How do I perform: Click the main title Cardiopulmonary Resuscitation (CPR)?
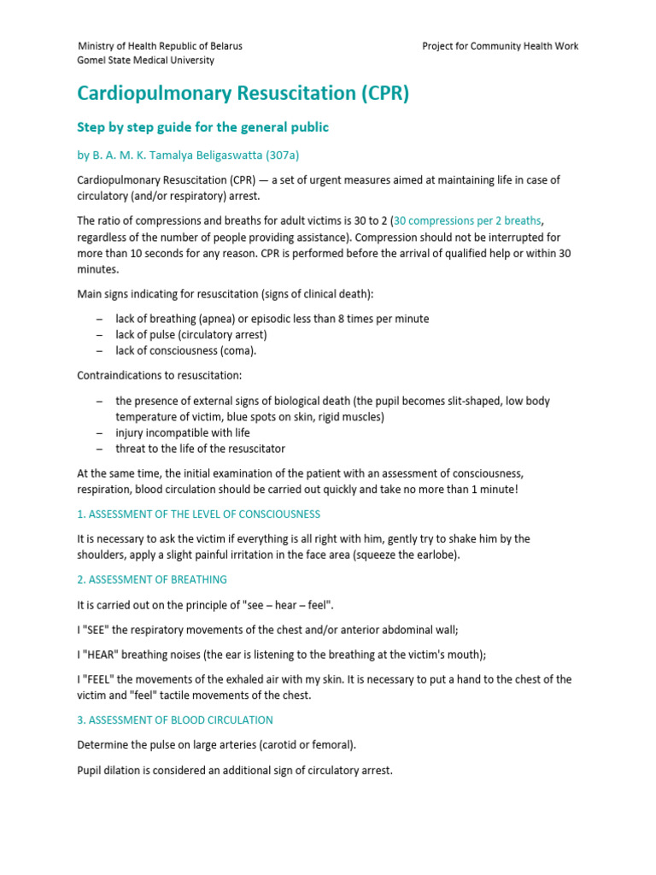[243, 93]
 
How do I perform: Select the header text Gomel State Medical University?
[146, 61]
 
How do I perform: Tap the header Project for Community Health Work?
[500, 46]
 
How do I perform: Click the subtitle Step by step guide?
[203, 127]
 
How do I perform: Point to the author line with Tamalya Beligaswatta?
[189, 155]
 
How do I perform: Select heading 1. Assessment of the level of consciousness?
[199, 514]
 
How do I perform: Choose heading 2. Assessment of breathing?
[152, 579]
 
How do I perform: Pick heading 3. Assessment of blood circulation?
[175, 719]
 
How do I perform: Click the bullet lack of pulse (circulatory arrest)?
[191, 334]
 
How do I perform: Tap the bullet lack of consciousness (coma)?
[185, 350]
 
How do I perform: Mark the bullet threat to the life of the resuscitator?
[200, 449]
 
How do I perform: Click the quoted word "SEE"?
[100, 630]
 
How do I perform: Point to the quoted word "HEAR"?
[104, 655]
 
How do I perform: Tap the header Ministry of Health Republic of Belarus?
[160, 46]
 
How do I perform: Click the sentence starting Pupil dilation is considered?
[235, 770]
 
